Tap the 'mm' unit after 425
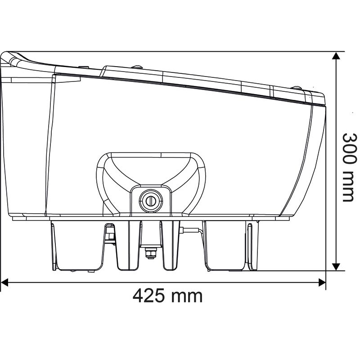point(187,296)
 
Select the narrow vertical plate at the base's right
point(251,245)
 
